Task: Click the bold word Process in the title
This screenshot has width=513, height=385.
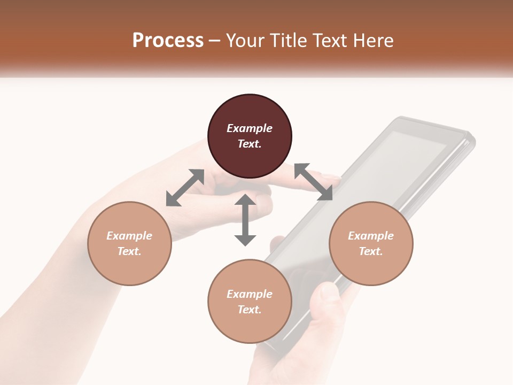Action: tap(168, 40)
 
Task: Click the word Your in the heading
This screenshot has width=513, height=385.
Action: tap(243, 40)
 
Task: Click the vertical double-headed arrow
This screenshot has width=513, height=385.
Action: tap(245, 220)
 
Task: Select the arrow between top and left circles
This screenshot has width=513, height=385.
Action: tap(185, 188)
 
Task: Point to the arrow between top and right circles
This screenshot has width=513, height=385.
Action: tap(313, 182)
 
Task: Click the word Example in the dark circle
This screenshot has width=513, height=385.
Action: tap(250, 128)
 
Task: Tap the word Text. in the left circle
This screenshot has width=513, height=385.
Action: tap(129, 251)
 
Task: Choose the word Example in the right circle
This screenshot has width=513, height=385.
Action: tap(371, 236)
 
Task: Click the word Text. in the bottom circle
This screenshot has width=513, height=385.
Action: tap(250, 310)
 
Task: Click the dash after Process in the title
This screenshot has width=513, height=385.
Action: tap(214, 40)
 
